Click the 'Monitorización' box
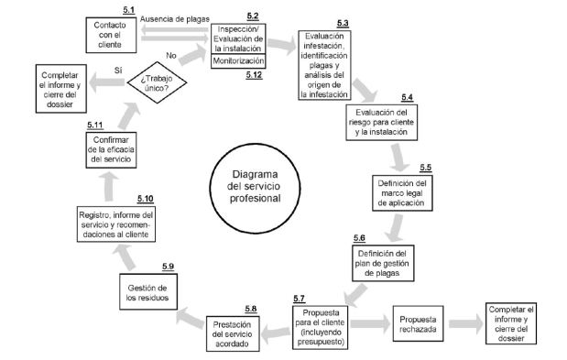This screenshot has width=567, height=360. tap(238, 61)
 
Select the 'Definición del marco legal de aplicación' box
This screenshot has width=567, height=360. tap(403, 195)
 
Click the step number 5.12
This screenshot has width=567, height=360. tap(254, 74)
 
